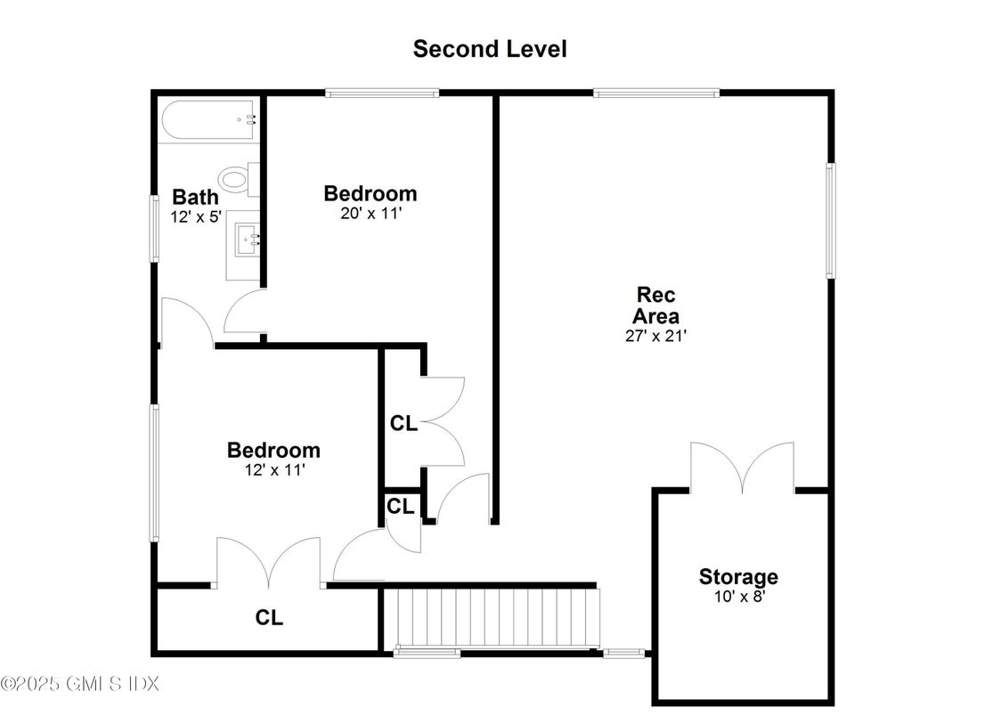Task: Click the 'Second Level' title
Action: point(490,49)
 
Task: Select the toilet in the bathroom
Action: point(239,180)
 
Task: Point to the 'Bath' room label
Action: point(195,197)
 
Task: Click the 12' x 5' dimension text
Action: point(196,216)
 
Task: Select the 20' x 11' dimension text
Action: point(370,214)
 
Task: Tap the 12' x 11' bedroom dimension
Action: point(274,470)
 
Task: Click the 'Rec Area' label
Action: point(655,305)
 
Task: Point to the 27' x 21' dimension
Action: point(655,336)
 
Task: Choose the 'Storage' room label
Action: point(738,576)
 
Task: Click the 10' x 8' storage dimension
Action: point(739,596)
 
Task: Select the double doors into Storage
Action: point(743,468)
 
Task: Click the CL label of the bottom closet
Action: point(269,618)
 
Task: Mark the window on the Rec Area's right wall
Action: point(830,221)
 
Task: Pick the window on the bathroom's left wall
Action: point(154,229)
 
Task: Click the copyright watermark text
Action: point(80,683)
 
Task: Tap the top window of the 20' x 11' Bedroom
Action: point(382,94)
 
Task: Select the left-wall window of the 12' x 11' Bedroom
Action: point(154,473)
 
